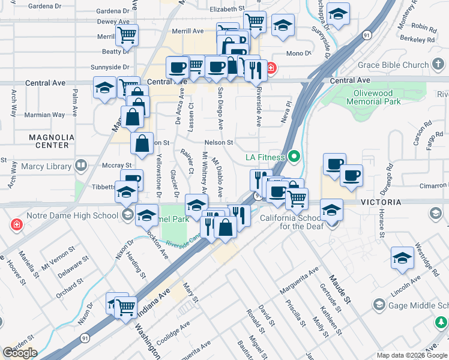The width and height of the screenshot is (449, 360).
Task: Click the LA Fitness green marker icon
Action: (x=294, y=158)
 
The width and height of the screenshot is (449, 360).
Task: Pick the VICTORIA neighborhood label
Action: (x=381, y=203)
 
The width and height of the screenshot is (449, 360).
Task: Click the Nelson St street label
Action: (x=218, y=142)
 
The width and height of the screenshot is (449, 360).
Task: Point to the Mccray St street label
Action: (x=116, y=165)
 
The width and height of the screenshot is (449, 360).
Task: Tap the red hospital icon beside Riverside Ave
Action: (x=271, y=68)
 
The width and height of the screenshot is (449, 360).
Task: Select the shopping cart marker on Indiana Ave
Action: (x=126, y=307)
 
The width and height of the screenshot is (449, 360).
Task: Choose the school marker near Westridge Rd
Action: (x=402, y=257)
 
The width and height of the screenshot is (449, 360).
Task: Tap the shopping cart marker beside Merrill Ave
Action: (x=127, y=35)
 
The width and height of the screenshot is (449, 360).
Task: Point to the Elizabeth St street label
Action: (x=228, y=9)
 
